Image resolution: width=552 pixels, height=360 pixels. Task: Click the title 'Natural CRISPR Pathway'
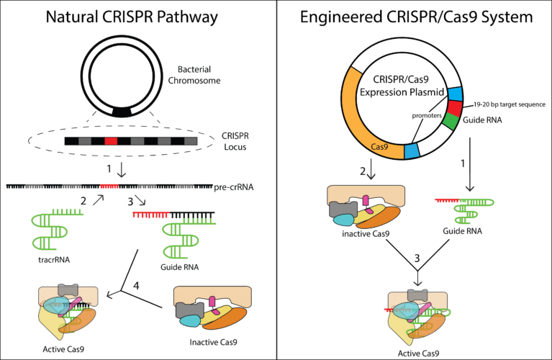click(136, 15)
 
